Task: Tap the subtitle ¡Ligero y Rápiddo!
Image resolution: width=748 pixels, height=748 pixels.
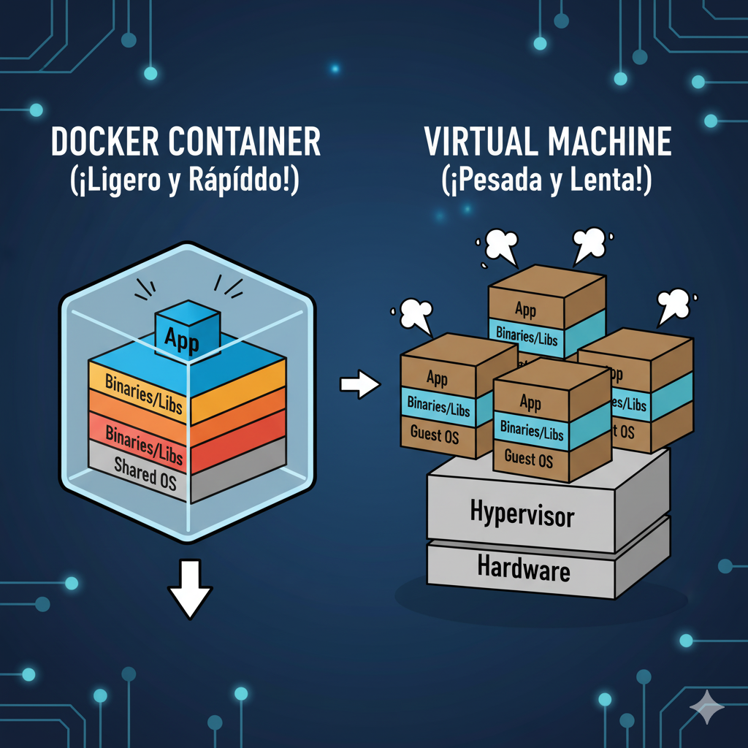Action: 186,180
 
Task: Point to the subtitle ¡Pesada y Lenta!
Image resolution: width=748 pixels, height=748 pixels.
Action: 546,180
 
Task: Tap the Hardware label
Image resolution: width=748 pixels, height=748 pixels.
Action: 523,567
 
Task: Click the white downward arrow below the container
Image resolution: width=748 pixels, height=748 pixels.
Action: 190,589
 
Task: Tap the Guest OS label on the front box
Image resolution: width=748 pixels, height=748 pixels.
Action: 529,459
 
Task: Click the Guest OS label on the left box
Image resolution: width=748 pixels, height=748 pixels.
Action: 435,434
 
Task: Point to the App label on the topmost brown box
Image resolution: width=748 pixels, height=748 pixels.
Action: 525,308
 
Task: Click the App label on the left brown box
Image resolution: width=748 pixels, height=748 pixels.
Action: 437,378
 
